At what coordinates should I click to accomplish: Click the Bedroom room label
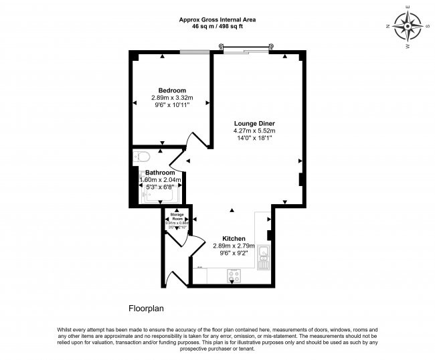click(172, 90)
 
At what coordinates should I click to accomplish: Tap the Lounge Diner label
click(254, 123)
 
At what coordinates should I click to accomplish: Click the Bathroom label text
click(160, 173)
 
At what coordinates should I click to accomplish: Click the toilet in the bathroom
click(141, 157)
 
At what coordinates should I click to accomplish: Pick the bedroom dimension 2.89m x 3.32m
click(172, 98)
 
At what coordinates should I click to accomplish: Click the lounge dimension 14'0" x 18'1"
click(254, 138)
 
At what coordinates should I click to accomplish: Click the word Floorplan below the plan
click(146, 309)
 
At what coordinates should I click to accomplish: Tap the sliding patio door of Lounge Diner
click(248, 49)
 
